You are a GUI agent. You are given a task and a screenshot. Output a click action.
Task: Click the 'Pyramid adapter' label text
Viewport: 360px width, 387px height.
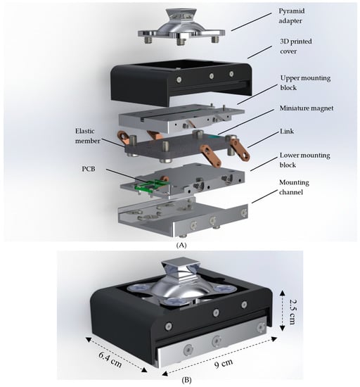tap(292, 15)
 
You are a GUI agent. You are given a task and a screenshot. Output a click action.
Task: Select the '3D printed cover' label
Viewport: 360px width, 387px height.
tap(295, 46)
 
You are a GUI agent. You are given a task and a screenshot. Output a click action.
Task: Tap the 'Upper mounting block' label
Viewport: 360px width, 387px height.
tap(305, 83)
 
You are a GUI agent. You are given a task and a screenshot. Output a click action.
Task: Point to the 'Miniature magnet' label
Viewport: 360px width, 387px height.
tap(307, 108)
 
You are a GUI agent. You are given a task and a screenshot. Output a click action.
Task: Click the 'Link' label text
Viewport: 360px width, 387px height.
tap(287, 131)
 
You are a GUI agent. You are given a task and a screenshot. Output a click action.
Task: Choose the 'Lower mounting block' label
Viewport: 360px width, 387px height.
tap(304, 160)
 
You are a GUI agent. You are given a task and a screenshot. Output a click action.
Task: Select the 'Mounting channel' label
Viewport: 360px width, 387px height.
tap(294, 187)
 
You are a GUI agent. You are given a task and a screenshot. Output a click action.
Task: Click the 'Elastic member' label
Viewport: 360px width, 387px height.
tap(88, 136)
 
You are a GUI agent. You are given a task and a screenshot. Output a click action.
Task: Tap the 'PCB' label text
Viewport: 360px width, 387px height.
tap(89, 169)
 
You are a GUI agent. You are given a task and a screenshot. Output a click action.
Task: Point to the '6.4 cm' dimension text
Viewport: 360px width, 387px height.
tap(110, 360)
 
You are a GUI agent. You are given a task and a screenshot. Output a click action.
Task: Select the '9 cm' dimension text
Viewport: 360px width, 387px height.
tap(224, 364)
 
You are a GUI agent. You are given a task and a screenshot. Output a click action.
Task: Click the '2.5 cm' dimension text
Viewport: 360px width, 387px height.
tap(292, 312)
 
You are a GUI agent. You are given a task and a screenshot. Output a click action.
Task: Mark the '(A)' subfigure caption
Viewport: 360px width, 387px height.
tap(181, 245)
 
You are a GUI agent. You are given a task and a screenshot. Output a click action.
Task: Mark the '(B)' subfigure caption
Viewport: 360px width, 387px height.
tap(186, 380)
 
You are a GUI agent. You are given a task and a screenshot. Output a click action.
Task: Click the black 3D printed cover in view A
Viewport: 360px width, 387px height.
tap(181, 82)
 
